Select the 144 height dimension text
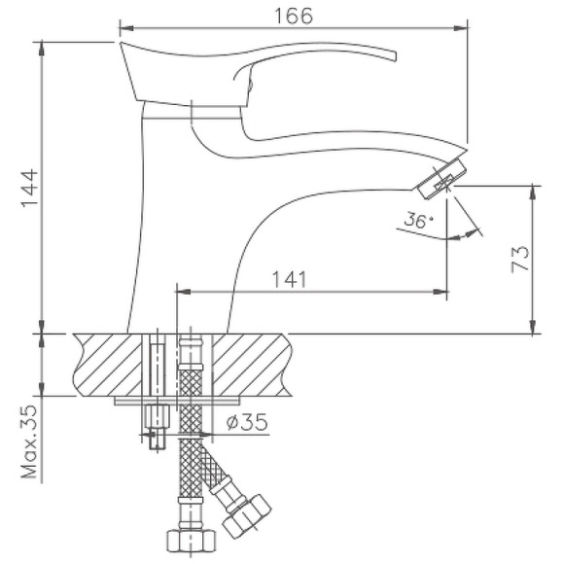click(x=27, y=191)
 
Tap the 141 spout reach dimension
click(x=290, y=279)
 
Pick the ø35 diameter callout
click(x=246, y=422)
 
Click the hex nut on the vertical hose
click(x=188, y=541)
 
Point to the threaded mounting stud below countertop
click(x=155, y=427)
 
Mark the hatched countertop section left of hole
click(x=107, y=364)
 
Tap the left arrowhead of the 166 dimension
click(x=123, y=30)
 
